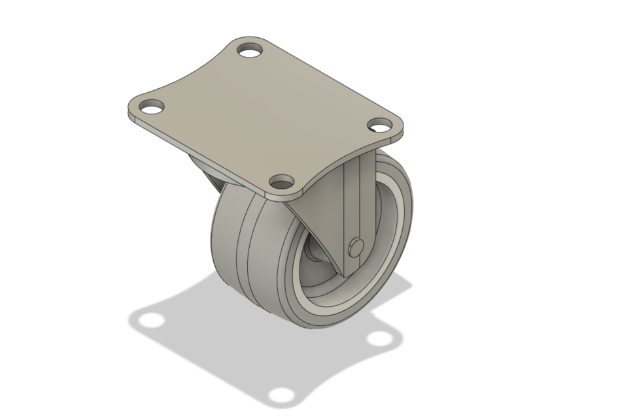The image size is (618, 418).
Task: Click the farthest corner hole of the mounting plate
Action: tap(249, 50)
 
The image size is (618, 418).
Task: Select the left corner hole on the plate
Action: tap(150, 106)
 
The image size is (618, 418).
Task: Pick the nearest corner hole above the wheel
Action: tap(282, 181)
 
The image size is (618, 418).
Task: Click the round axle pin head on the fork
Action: tap(356, 246)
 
